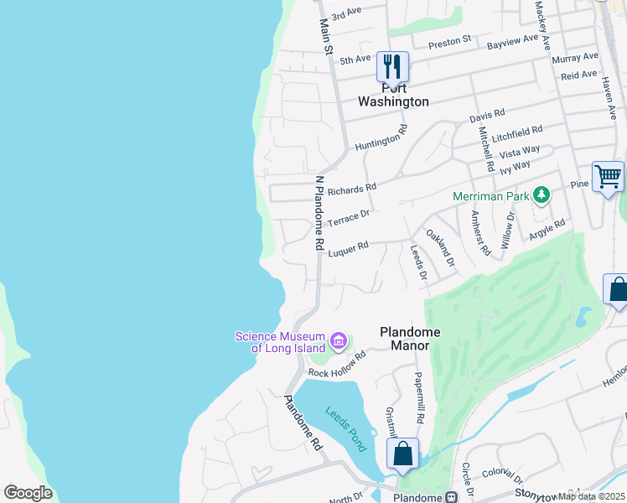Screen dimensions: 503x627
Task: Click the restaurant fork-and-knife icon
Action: pos(392,65)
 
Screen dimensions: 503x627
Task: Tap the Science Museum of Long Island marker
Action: pos(339,340)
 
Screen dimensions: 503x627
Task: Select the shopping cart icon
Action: pos(608,176)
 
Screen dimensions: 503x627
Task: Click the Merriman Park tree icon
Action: pos(541,195)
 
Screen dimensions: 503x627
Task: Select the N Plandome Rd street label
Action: pos(319,213)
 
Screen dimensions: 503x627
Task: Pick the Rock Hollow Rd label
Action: pos(337,364)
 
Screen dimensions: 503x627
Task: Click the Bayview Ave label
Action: pos(512,39)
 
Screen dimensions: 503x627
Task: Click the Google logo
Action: pos(28,493)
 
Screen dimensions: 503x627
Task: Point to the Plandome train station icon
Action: pos(453,497)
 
